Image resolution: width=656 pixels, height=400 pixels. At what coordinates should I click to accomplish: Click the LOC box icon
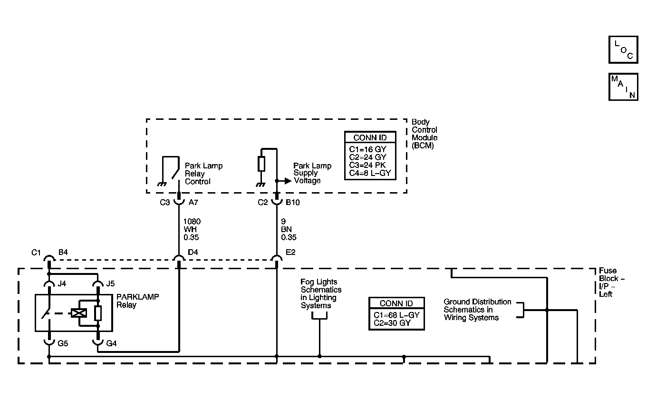(623, 49)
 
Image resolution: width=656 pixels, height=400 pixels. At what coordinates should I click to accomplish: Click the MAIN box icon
(623, 87)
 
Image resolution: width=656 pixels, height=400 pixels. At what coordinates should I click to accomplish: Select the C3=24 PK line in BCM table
(367, 165)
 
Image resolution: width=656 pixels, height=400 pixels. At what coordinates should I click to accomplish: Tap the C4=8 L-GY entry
(370, 173)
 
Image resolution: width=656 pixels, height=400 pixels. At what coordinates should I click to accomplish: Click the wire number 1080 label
(192, 221)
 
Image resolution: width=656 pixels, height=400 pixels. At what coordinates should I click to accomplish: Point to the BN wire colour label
(286, 229)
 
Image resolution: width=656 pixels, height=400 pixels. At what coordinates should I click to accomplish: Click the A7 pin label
(193, 202)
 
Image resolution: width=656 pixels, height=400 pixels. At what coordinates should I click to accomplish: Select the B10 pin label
(292, 202)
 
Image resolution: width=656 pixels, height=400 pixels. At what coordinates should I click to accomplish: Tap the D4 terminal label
(193, 252)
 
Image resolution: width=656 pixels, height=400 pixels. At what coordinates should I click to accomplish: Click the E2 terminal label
(290, 252)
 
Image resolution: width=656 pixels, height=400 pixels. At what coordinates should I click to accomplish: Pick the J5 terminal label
(110, 283)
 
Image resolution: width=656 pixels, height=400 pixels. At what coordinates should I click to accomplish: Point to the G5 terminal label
(63, 343)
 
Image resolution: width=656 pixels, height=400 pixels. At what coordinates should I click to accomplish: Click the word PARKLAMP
(138, 297)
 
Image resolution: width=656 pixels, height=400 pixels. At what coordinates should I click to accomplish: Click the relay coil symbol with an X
(79, 313)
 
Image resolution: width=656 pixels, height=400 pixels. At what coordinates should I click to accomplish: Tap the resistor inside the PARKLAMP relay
(98, 313)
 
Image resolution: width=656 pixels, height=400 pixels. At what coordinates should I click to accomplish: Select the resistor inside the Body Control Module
(261, 164)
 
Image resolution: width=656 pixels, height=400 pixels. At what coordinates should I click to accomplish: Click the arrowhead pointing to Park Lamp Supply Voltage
(288, 181)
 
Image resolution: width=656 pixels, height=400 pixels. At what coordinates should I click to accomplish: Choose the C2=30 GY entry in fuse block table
(392, 323)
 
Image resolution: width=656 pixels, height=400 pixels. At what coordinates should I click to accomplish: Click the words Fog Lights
(318, 282)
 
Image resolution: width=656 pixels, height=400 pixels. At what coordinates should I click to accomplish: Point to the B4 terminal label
(63, 252)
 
